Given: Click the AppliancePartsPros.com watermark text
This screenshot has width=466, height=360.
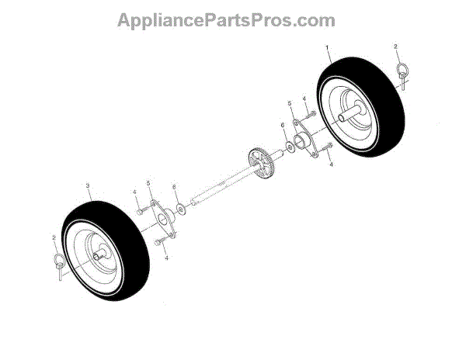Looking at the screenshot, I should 226,20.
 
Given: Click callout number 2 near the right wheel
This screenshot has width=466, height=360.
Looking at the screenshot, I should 395,47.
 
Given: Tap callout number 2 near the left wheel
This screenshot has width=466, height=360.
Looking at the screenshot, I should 53,237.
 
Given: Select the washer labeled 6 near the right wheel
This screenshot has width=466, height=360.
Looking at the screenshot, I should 290,144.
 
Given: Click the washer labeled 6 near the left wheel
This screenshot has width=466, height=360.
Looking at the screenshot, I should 181,208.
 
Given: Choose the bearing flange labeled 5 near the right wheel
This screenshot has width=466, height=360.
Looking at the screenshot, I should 304,141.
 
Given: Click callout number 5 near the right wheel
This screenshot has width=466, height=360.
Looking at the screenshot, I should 290,103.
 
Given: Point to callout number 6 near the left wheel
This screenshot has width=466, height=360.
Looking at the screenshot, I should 174,187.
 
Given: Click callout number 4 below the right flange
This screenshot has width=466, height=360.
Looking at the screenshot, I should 331,164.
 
